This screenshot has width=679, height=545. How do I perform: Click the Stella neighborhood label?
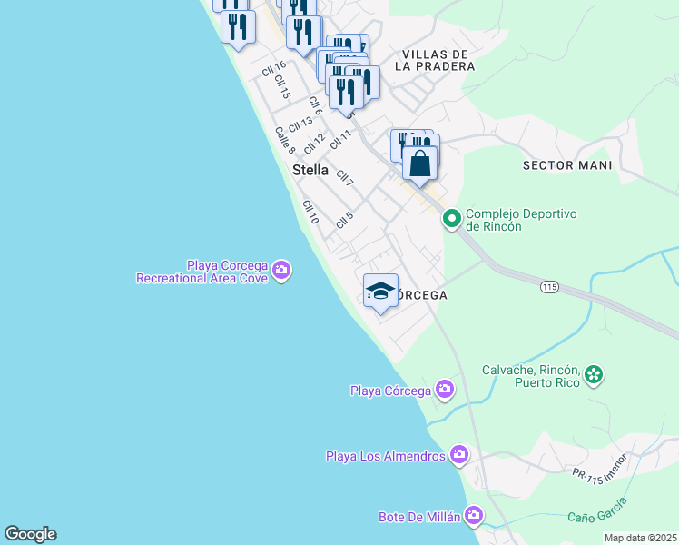[310, 170]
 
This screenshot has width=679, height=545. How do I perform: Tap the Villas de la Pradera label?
[436, 60]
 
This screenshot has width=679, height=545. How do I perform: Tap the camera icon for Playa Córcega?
[445, 390]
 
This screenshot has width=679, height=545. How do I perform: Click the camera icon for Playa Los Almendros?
[459, 454]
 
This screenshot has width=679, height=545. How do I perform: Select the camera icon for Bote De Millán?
[473, 517]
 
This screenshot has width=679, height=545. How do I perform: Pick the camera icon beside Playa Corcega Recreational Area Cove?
[281, 271]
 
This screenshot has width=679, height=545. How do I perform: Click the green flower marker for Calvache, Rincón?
[594, 373]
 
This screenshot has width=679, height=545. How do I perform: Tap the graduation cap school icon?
[381, 291]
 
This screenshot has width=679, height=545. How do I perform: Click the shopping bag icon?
[420, 163]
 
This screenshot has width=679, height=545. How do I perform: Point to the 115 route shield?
[548, 287]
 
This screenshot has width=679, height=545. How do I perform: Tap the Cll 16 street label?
[273, 71]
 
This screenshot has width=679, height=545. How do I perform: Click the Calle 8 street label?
[285, 140]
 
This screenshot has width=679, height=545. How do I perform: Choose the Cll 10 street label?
[310, 213]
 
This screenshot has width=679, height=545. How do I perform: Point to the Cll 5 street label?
[343, 220]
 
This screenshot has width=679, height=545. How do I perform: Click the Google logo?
[30, 534]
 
